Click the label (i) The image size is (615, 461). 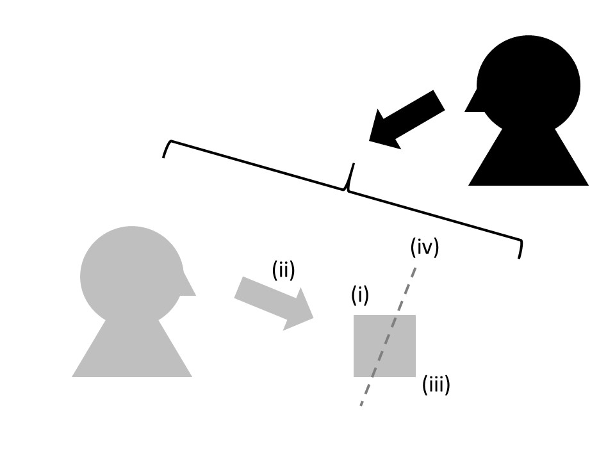coord(360,295)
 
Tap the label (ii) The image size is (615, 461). coord(283,271)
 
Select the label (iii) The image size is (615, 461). coord(436,385)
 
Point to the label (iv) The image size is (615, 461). coord(425,247)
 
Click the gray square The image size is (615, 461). coord(384,346)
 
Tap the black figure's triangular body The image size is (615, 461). coord(529,160)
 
